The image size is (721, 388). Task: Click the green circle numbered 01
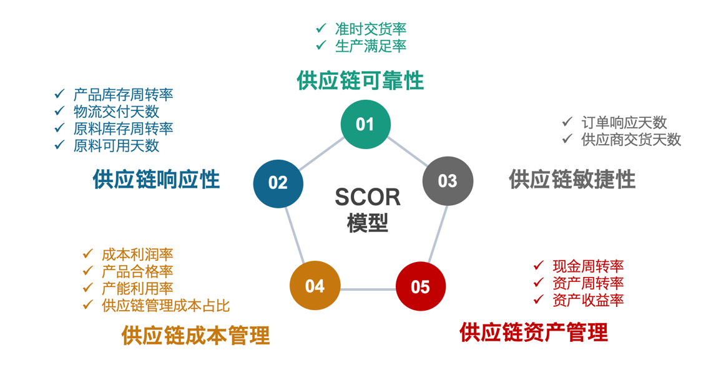[365, 124]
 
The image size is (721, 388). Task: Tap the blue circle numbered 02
[278, 183]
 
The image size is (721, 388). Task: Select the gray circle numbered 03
[448, 182]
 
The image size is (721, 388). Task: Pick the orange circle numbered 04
[315, 286]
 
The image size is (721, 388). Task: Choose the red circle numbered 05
[421, 287]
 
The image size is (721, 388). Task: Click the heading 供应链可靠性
[360, 81]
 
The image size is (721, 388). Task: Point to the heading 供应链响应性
[156, 180]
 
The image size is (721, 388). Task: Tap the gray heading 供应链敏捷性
[572, 180]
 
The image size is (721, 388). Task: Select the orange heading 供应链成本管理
[196, 335]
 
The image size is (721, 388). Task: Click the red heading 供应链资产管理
[534, 332]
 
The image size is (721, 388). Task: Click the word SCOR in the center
[368, 197]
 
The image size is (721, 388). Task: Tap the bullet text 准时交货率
[371, 29]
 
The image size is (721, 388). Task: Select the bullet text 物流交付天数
[116, 112]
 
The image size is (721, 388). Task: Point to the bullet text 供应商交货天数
[631, 139]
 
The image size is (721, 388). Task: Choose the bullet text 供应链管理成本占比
[165, 306]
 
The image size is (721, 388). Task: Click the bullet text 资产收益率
[588, 300]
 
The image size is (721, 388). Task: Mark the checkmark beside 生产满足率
[321, 45]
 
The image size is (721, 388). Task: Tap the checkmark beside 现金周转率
[539, 266]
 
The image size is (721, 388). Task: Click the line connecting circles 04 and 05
[368, 289]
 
